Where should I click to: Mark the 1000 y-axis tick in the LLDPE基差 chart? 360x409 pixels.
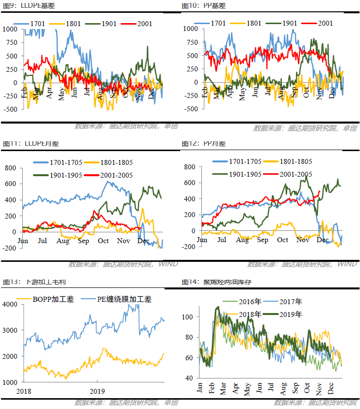pos(9,29)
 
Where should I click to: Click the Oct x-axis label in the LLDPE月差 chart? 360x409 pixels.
pos(103,241)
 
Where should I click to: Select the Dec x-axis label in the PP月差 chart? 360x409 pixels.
pos(323,240)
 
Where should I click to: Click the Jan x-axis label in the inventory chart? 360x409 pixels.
pos(200,387)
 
